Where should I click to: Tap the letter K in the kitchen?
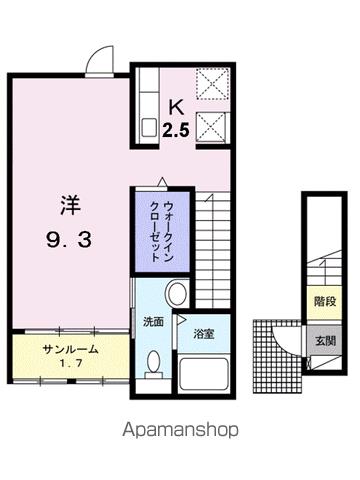175,107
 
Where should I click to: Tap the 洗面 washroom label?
152,323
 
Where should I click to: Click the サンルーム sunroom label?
70,350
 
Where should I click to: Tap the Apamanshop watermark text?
179,431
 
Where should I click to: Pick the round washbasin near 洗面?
176,294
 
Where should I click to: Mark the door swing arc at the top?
97,57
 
